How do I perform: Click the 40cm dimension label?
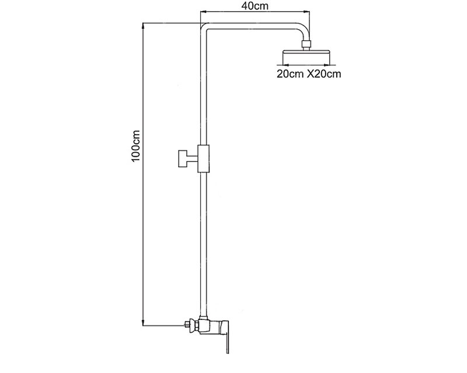click(x=255, y=6)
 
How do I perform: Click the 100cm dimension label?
click(x=135, y=146)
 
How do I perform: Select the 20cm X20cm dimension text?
click(x=309, y=74)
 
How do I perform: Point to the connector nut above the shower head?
click(x=306, y=44)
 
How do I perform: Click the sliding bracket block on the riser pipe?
click(x=204, y=159)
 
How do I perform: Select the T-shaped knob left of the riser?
click(x=187, y=159)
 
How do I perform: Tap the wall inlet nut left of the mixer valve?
click(x=191, y=325)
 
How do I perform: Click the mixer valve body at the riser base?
click(x=213, y=326)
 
